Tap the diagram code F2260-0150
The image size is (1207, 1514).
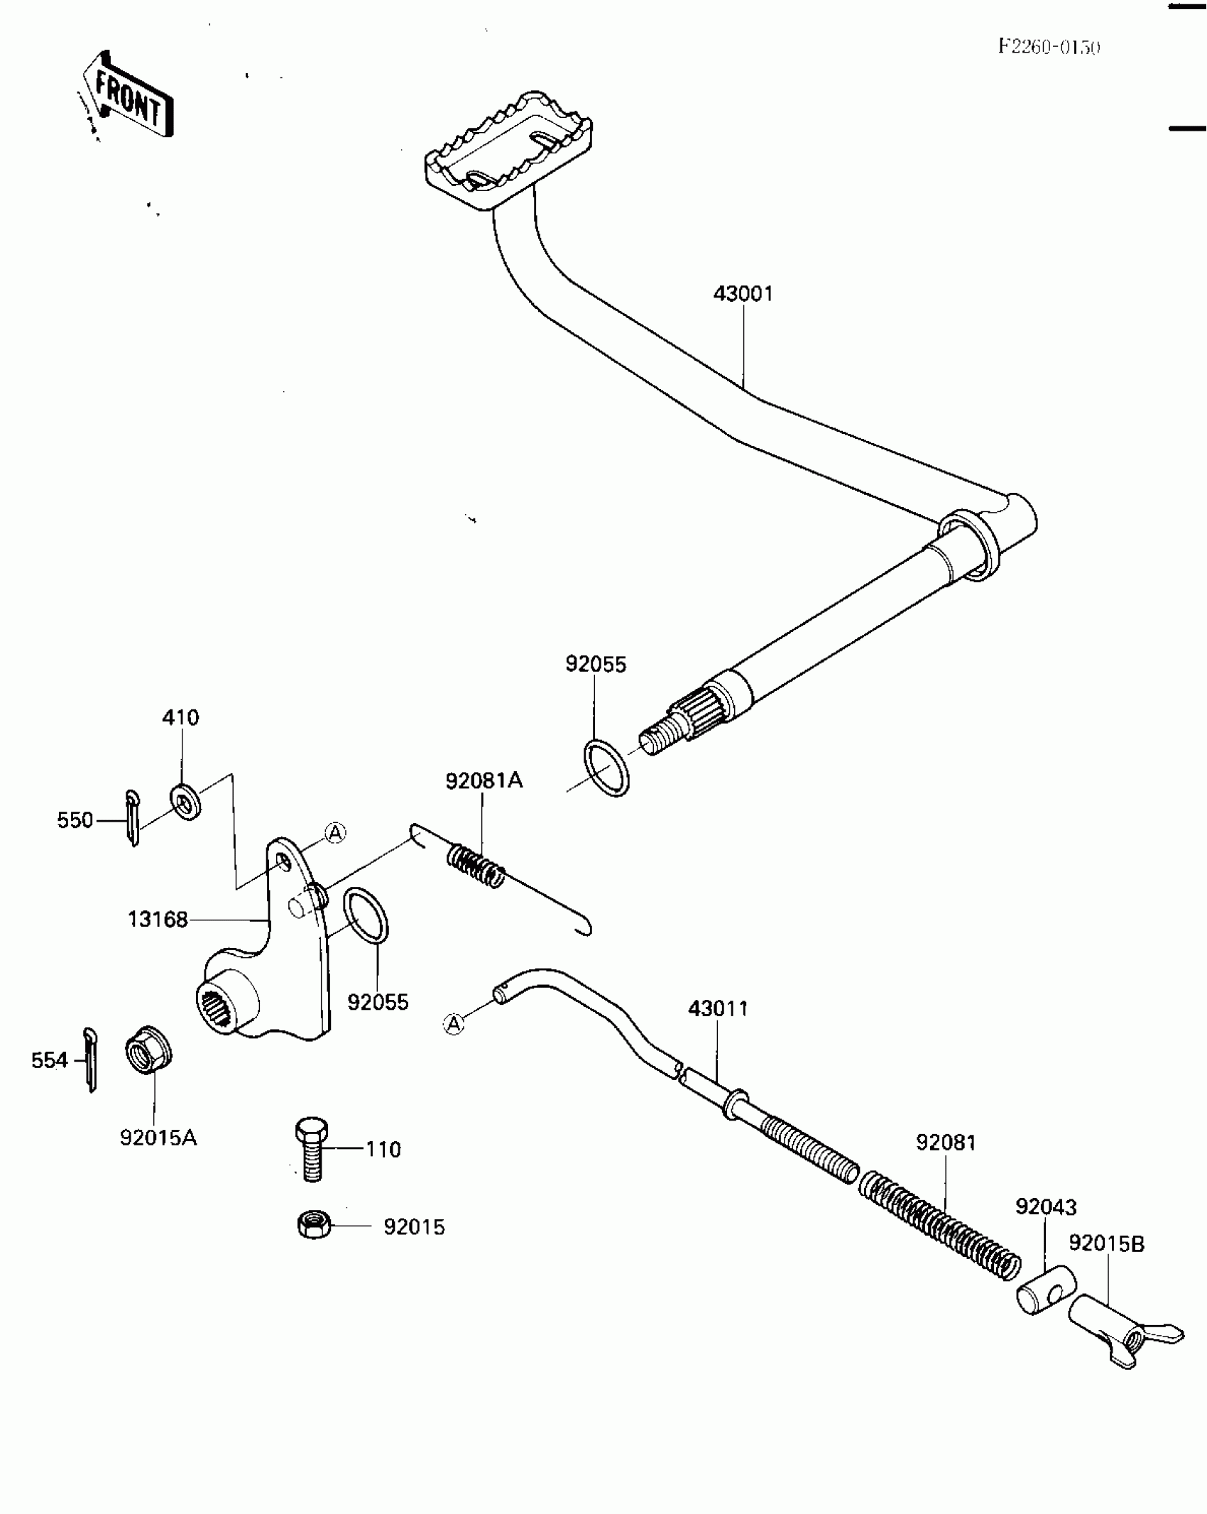tap(1049, 48)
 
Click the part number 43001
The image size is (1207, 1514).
tap(743, 293)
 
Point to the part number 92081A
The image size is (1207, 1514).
tap(484, 781)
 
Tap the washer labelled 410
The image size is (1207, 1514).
tap(185, 802)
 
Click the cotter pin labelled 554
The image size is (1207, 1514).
tap(90, 1060)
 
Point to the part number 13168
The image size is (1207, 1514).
tap(158, 920)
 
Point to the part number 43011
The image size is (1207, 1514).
tap(718, 1008)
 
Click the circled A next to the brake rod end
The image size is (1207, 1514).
tap(453, 1023)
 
